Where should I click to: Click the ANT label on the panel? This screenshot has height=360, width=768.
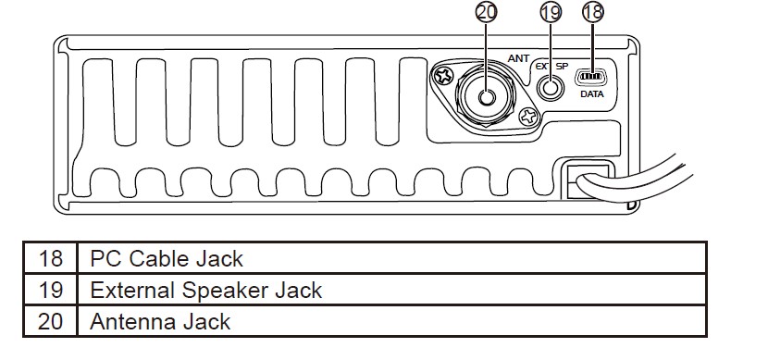[518, 58]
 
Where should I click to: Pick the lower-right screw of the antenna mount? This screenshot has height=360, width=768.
[528, 117]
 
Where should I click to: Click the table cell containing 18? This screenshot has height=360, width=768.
[52, 257]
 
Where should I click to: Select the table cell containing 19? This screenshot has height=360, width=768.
[52, 290]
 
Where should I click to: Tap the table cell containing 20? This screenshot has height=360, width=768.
[52, 322]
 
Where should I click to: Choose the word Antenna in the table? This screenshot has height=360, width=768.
[130, 322]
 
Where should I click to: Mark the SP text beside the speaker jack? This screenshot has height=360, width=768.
[563, 68]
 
